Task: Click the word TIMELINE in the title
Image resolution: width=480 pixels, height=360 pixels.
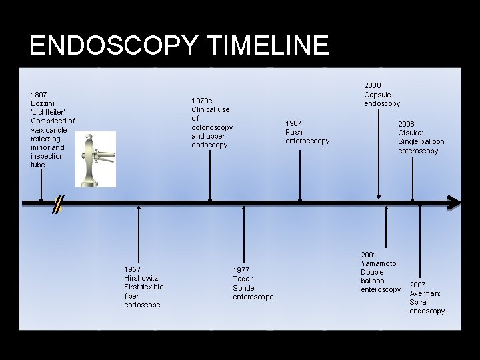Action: click(269, 45)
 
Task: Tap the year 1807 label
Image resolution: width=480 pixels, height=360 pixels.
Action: click(39, 95)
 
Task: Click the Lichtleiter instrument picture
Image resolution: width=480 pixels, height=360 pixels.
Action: click(95, 159)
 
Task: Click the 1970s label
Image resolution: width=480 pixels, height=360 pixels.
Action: click(201, 101)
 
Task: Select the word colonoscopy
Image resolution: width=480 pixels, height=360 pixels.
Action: click(212, 127)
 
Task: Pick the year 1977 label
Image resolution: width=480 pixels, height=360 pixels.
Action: click(241, 270)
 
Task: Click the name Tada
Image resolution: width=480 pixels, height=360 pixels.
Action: click(241, 279)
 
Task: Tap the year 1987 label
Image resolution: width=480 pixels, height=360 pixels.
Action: click(293, 123)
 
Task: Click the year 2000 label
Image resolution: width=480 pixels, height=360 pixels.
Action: click(372, 85)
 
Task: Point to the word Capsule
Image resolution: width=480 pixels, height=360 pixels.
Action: click(377, 95)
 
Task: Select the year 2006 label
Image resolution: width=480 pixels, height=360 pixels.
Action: click(406, 124)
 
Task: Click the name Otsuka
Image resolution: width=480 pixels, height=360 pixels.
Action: click(411, 133)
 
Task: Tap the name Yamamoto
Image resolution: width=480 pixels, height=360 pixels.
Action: click(379, 263)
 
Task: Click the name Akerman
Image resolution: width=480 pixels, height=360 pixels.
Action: click(425, 293)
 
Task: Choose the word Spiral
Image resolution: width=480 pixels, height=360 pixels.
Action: click(419, 302)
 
